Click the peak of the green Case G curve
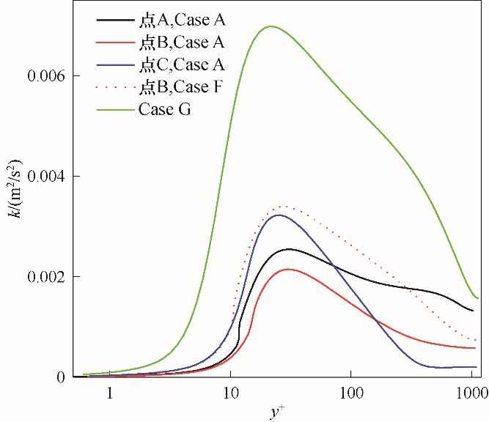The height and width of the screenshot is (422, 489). [x=271, y=26]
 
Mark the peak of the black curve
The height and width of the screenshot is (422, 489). [x=289, y=249]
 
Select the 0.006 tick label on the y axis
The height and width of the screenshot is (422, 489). [x=45, y=76]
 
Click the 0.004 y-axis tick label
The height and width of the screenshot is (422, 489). [x=45, y=177]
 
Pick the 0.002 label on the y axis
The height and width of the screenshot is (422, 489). [x=45, y=277]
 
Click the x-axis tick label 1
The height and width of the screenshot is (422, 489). [x=109, y=393]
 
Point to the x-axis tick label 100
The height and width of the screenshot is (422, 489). [x=350, y=393]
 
